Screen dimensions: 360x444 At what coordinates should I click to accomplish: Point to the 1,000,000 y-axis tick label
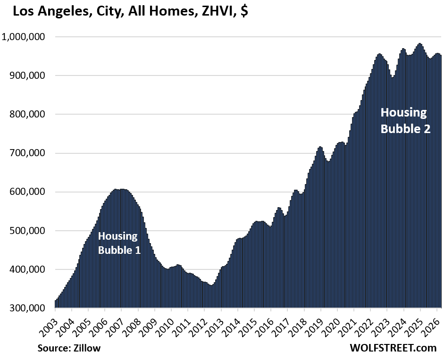click(x=25, y=37)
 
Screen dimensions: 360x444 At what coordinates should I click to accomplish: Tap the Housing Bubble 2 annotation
click(x=405, y=120)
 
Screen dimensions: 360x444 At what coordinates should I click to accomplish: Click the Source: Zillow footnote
click(x=69, y=348)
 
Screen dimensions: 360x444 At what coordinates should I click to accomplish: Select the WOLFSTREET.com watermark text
click(x=393, y=348)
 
